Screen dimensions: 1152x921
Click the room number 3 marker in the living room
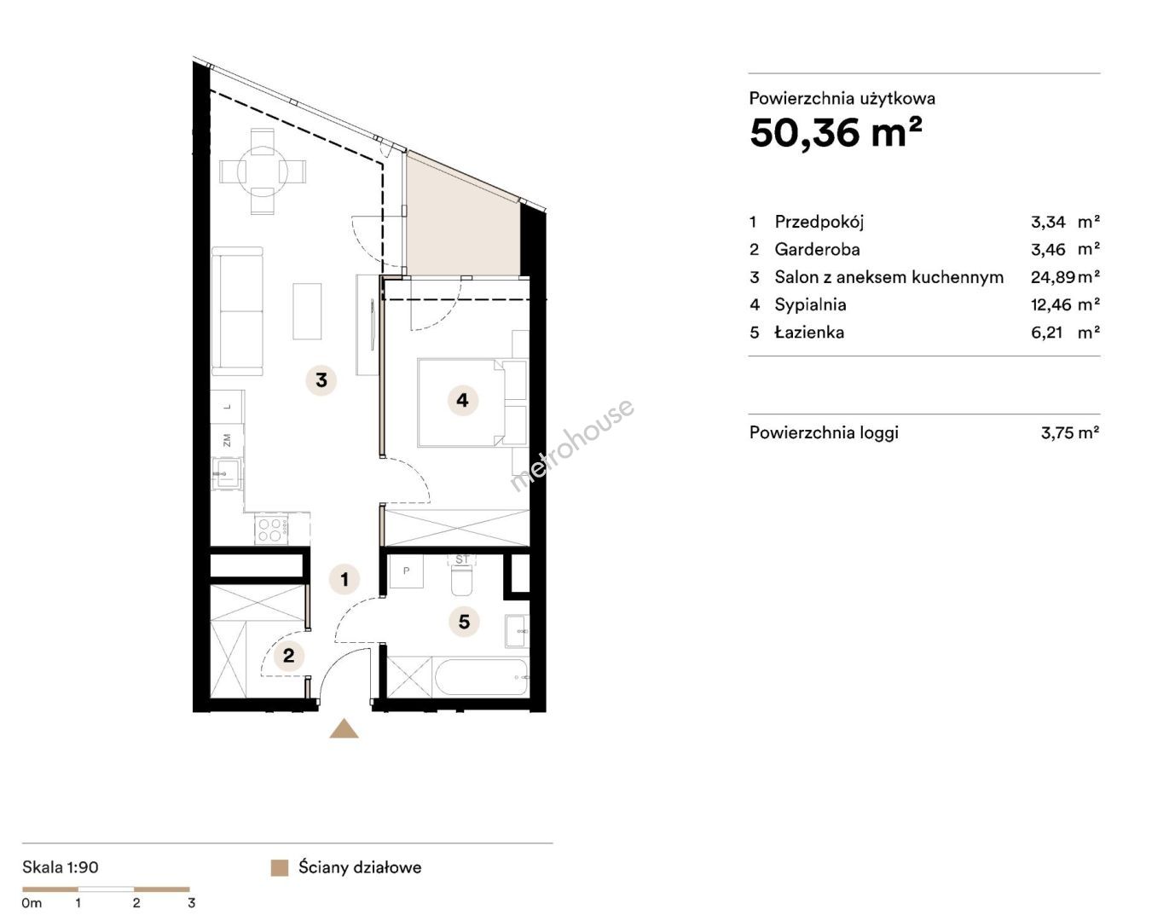[321, 380]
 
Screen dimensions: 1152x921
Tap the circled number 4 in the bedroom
[462, 400]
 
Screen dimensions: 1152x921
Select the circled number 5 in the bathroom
[464, 622]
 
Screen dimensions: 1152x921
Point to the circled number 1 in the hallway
[344, 579]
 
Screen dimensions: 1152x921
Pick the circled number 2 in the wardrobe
[288, 656]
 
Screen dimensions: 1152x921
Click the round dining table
[263, 172]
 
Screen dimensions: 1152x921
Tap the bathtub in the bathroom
[481, 677]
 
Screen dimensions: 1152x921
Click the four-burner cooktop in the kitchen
[272, 529]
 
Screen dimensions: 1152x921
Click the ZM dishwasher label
[227, 440]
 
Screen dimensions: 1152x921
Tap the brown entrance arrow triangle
[344, 729]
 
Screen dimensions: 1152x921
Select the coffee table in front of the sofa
[307, 311]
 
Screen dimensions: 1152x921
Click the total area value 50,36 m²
[837, 133]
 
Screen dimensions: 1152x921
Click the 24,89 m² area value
[1065, 277]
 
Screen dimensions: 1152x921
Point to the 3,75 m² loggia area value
[1069, 432]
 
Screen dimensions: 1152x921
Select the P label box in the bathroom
[406, 571]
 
